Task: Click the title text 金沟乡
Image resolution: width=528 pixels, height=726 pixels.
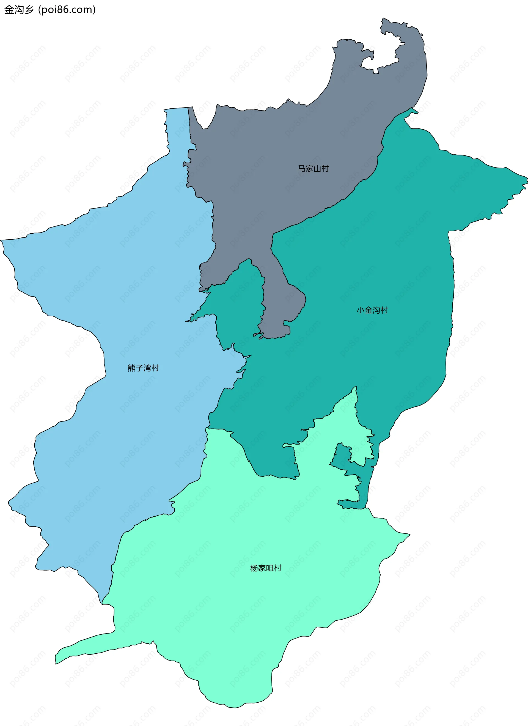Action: tap(18, 10)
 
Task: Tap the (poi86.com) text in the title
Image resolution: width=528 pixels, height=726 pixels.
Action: tap(67, 10)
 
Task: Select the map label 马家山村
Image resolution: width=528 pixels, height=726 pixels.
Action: tap(313, 168)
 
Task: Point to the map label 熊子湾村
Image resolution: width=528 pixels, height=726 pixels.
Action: tap(143, 368)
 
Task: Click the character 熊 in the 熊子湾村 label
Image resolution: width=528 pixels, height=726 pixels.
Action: tap(131, 368)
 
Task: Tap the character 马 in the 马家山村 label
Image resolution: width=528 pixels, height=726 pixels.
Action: tap(301, 168)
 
